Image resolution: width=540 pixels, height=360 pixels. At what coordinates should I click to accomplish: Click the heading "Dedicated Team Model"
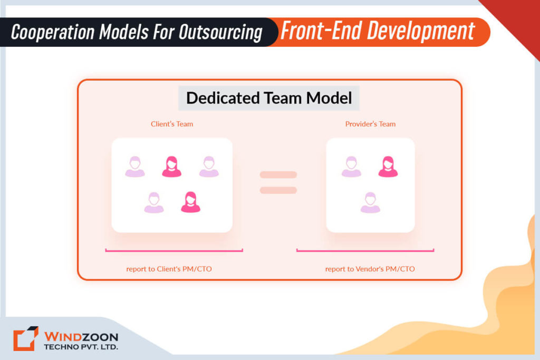(x=269, y=98)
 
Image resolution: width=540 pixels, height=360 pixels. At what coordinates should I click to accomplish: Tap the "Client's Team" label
(x=172, y=124)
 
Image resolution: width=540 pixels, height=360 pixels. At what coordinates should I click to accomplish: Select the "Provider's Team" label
(x=370, y=124)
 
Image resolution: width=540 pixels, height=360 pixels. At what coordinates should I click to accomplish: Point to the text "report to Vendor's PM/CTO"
(x=370, y=269)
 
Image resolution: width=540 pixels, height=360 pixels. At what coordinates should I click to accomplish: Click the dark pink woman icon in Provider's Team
(x=388, y=166)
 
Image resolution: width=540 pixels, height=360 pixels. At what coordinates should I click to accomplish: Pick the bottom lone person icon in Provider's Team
(x=370, y=202)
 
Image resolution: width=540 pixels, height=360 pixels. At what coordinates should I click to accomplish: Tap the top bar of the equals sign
(x=278, y=174)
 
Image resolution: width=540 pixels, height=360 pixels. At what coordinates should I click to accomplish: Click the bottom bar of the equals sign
(x=278, y=190)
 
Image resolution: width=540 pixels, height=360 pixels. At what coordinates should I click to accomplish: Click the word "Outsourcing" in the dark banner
(x=220, y=32)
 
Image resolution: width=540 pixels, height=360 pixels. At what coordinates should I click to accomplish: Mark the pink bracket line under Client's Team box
(x=174, y=251)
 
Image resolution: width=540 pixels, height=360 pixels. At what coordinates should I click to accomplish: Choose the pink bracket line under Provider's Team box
(x=365, y=251)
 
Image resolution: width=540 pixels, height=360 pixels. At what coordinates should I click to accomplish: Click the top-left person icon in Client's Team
(x=135, y=167)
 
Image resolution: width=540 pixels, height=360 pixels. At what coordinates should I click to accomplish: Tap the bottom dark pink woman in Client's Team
(x=190, y=202)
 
